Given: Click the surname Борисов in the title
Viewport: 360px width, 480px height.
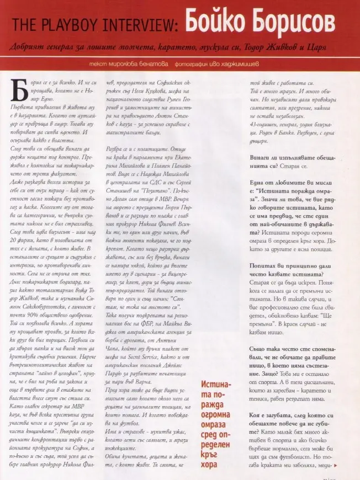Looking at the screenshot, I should click(x=293, y=22).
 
